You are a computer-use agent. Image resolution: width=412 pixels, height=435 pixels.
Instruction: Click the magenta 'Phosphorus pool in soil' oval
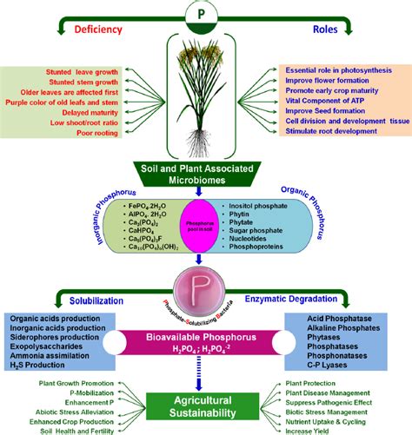[x=206, y=226]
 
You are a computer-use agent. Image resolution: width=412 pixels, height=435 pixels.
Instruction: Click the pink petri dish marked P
[x=205, y=287]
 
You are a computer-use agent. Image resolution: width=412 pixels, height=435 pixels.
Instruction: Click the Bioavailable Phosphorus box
[x=205, y=340]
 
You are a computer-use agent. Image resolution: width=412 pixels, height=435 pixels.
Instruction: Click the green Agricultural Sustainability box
[x=205, y=403]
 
